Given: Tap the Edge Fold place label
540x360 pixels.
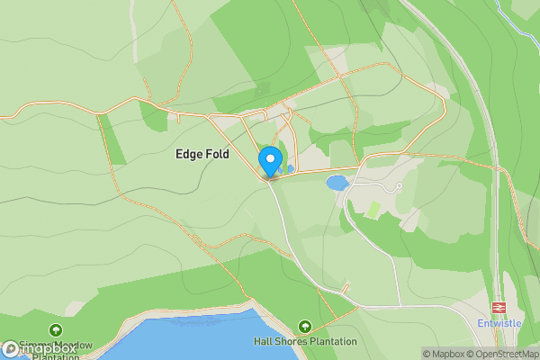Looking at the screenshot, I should coord(202,155).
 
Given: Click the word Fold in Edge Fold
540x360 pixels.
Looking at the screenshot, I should coord(216,155).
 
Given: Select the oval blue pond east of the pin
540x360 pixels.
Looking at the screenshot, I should coord(337,183).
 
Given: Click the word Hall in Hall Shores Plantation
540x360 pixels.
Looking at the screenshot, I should coord(263,342).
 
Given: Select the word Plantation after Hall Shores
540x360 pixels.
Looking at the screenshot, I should coord(332,342).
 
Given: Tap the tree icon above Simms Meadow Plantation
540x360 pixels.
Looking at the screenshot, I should coord(57,330).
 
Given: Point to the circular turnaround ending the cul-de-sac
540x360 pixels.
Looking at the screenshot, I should coord(398,186).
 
